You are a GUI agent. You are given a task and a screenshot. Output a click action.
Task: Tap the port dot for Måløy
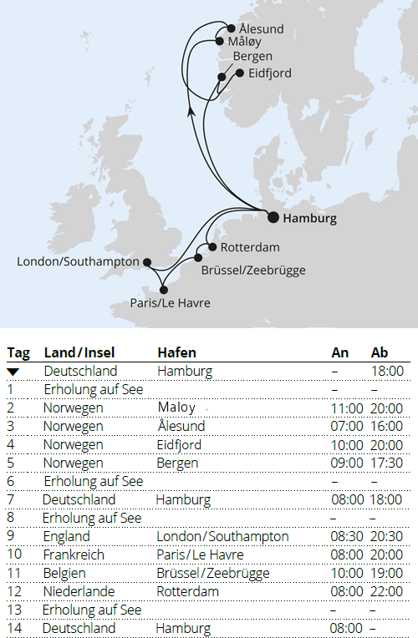220,40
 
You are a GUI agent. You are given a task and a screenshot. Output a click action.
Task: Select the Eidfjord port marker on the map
240,73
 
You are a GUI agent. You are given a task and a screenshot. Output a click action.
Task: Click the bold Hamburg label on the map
310,219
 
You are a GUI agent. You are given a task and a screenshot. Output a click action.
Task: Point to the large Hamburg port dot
273,218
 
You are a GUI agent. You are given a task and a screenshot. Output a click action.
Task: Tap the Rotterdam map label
250,248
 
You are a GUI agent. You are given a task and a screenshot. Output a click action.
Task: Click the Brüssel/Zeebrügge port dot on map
198,257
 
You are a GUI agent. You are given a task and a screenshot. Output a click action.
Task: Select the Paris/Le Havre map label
171,303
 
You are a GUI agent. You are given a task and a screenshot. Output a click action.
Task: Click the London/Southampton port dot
147,262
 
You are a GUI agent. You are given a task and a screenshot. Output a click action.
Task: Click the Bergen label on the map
252,57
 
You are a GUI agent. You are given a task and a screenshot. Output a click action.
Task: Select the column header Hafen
176,353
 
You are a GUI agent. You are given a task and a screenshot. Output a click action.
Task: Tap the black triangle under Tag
13,371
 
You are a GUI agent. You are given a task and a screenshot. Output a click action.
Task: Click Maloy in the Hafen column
176,408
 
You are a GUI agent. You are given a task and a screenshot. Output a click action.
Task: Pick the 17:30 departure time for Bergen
387,463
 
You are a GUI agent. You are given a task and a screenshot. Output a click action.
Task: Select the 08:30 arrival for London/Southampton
346,536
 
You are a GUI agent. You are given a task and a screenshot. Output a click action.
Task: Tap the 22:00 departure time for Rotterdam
387,591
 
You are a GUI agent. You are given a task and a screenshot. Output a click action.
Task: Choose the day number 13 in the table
13,610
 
